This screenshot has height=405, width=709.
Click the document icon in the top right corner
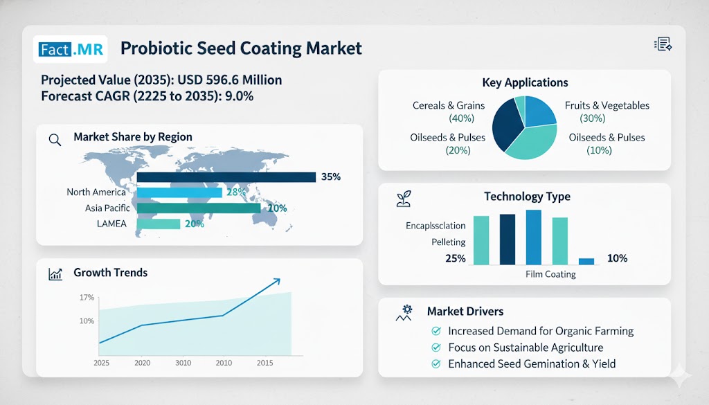click(x=663, y=45)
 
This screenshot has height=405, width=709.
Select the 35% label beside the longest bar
click(x=331, y=177)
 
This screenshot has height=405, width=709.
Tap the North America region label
click(x=96, y=192)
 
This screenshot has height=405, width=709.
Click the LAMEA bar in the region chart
click(x=159, y=224)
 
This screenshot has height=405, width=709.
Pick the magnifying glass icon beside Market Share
click(x=55, y=138)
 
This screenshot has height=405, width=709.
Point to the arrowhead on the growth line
click(x=276, y=280)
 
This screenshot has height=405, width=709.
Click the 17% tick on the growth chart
click(x=87, y=298)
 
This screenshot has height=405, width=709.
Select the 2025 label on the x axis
click(x=101, y=363)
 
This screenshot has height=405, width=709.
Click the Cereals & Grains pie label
click(x=449, y=112)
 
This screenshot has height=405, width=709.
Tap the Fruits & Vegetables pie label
click(x=607, y=112)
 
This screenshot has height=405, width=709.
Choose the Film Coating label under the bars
click(x=550, y=274)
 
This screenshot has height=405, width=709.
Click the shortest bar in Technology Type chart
click(x=586, y=261)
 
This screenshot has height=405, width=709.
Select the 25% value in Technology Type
click(x=455, y=258)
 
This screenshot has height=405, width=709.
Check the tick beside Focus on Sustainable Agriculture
click(x=436, y=348)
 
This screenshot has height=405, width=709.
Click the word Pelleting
click(x=449, y=242)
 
